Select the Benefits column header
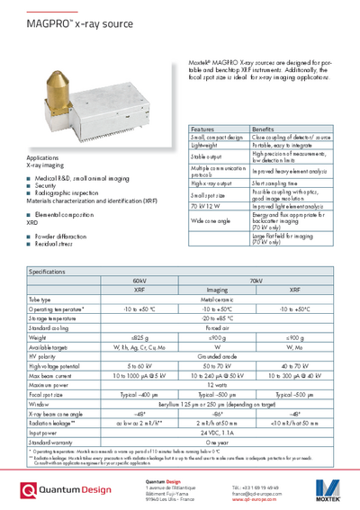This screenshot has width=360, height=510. (263, 130)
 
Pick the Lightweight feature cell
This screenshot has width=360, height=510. (205, 144)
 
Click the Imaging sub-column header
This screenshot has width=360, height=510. (217, 290)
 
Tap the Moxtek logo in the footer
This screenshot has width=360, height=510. (327, 490)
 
